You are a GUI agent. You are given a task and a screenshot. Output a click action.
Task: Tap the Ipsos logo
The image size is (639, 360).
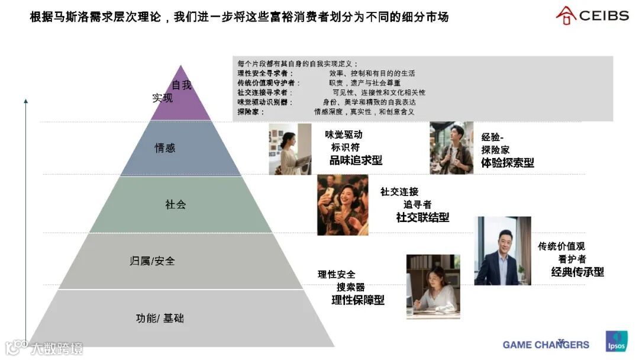tap(617, 340)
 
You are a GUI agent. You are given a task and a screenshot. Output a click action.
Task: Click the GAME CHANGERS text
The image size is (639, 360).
tap(546, 345)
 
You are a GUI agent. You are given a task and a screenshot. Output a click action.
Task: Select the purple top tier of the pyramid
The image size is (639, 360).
tap(180, 98)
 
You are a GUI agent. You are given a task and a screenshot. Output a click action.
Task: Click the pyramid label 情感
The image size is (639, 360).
tap(165, 148)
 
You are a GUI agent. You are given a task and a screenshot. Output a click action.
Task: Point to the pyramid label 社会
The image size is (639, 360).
tap(175, 205)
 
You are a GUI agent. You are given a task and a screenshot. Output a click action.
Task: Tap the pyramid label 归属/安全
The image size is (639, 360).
tap(152, 261)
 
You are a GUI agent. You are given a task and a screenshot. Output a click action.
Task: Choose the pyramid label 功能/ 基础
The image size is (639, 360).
tap(160, 319)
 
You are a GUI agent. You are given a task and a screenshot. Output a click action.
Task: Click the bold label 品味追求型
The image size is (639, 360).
tap(356, 160)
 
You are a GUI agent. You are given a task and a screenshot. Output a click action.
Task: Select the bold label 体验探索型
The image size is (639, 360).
tap(508, 163)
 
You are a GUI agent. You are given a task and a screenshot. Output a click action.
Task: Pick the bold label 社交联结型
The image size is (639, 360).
tap(422, 217)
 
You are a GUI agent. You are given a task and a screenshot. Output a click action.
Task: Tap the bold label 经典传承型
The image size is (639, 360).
tap(577, 272)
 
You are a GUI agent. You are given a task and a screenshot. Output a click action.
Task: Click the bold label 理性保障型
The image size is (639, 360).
tap(358, 300)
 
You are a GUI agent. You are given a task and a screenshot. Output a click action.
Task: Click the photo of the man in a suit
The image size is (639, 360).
tap(502, 250)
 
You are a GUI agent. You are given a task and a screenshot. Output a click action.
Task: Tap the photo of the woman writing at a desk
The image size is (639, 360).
tap(433, 287)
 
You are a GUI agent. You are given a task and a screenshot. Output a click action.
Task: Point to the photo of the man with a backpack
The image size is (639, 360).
tap(451, 148)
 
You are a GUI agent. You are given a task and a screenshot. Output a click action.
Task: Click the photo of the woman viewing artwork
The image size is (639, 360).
tap(290, 149)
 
